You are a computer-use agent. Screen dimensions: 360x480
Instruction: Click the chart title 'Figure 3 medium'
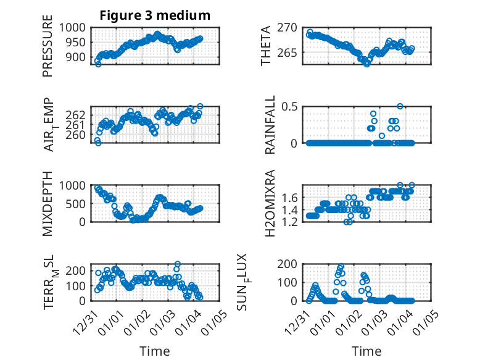[x=155, y=15]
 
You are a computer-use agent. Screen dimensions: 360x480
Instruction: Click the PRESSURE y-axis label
[x=48, y=51]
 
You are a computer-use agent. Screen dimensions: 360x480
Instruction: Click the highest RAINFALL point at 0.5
[x=400, y=106]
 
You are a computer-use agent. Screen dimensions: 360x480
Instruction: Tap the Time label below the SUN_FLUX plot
[x=366, y=351]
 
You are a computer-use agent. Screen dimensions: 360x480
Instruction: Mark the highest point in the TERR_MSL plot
[x=178, y=264]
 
